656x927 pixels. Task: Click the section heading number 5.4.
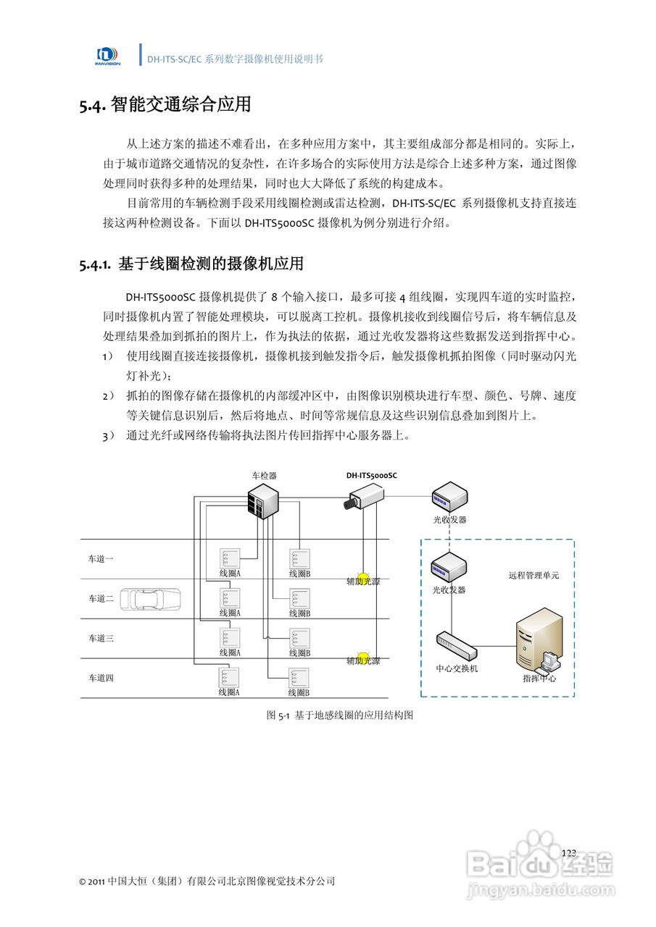pos(94,106)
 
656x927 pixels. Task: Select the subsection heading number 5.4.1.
pos(96,264)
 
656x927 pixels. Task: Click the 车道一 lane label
pos(101,558)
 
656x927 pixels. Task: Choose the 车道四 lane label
pos(101,678)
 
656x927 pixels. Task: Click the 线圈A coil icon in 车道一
pos(230,558)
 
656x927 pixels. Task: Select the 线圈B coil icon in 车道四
pos(299,678)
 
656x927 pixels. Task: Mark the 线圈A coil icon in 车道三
pos(230,638)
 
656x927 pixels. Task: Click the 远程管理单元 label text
pos(533,576)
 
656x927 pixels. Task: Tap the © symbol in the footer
pos(83,882)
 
